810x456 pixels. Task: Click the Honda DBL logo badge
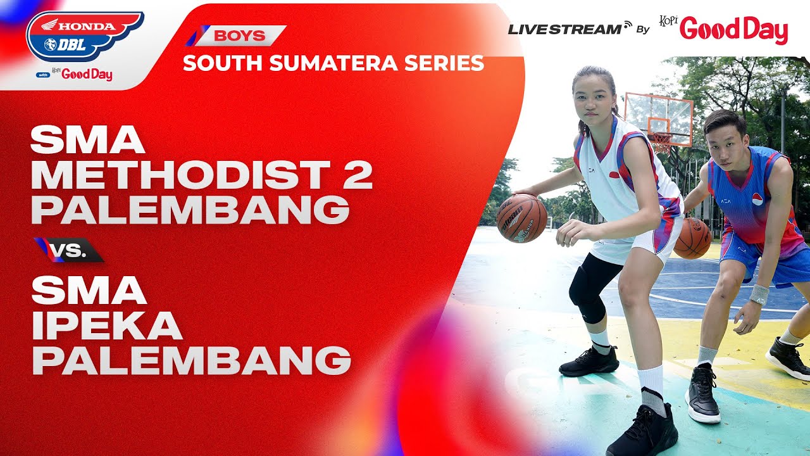84,36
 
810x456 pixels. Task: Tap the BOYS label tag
239,35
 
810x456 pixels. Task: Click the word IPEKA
107,326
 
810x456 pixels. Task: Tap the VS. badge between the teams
70,250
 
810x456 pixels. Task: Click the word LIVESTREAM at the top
564,28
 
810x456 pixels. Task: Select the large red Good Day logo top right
734,30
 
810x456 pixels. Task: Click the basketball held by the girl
521,218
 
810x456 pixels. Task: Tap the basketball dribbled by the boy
692,238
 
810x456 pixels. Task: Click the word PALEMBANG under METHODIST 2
190,210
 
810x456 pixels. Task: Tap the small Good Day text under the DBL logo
87,75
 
